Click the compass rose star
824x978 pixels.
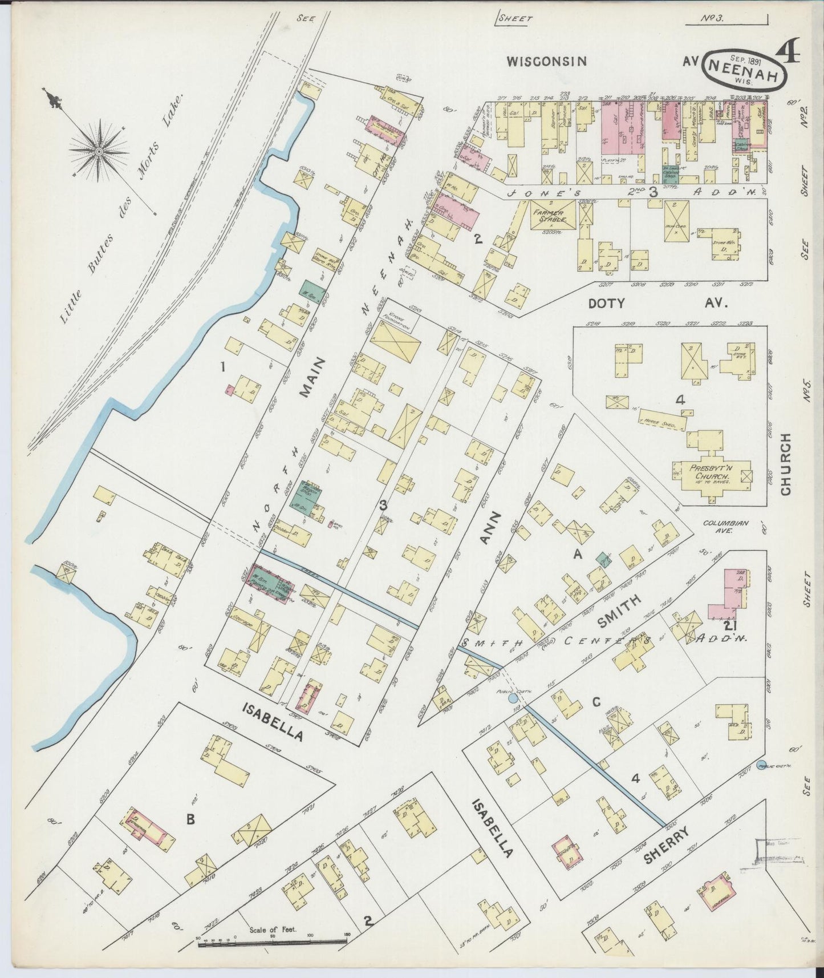(99, 151)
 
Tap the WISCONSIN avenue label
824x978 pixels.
(547, 61)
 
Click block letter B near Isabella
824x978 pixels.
(190, 819)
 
